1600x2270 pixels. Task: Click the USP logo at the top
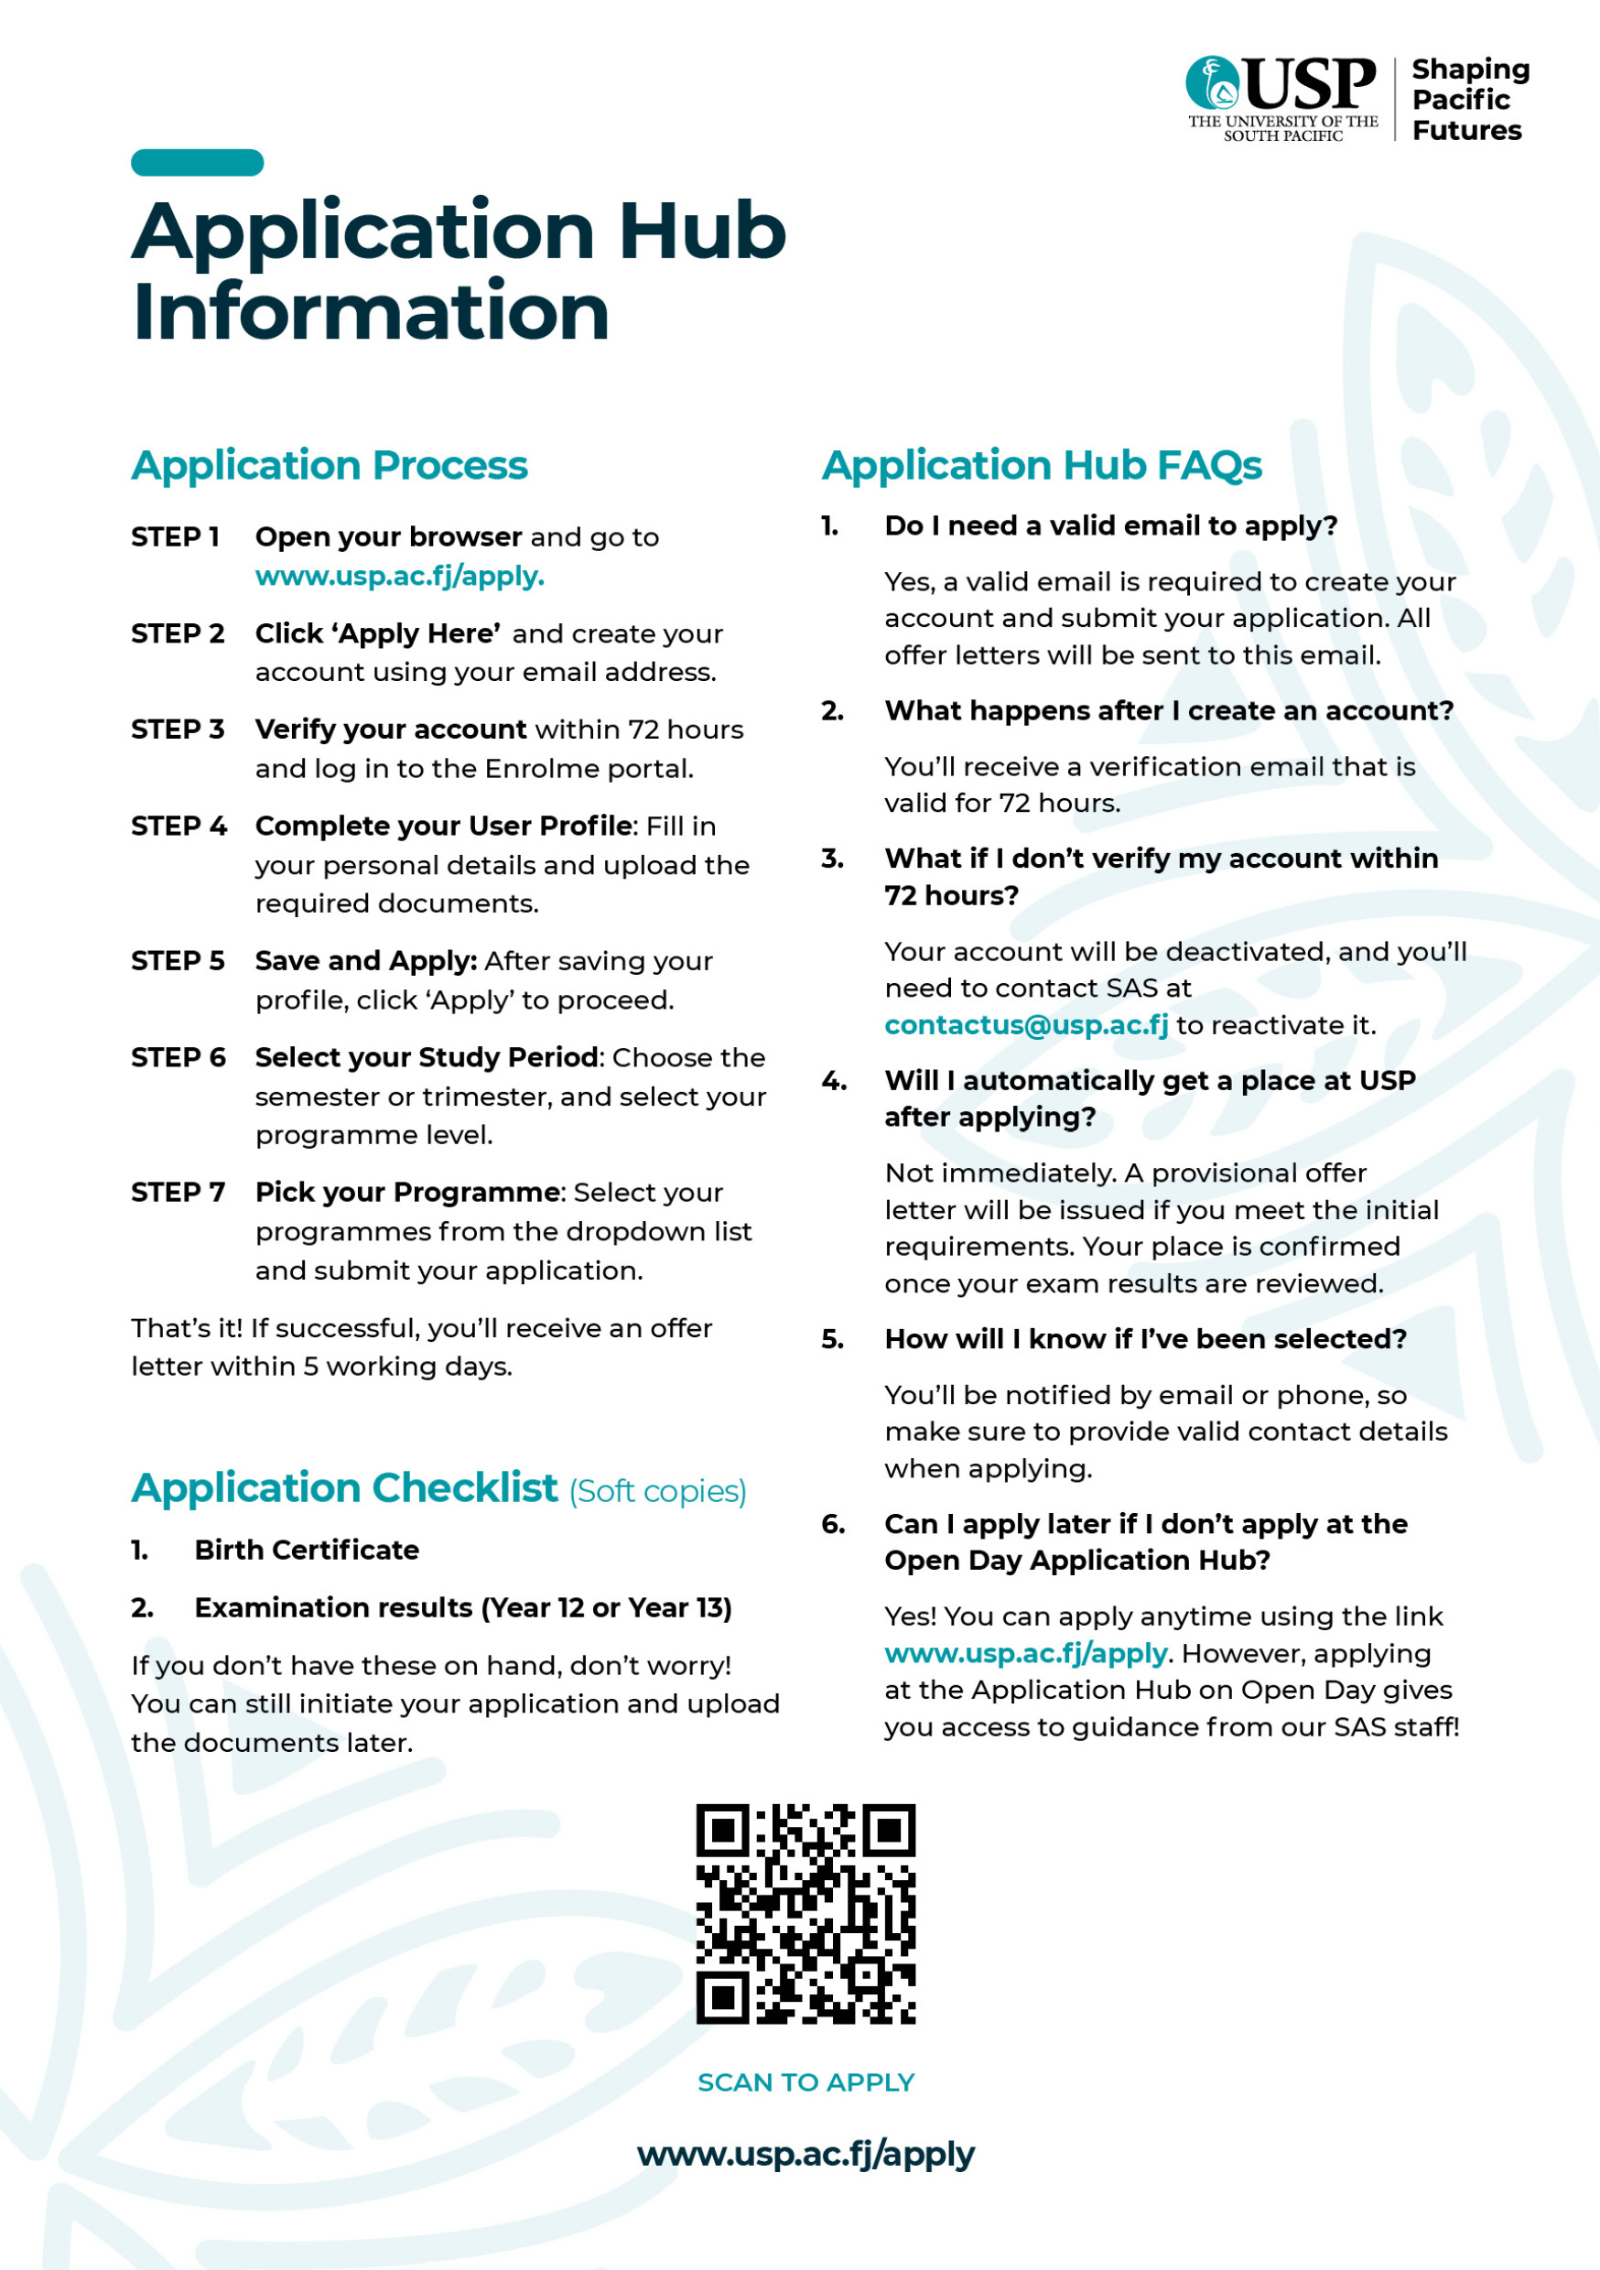[x=1281, y=97]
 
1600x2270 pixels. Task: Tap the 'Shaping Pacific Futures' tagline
[x=1469, y=99]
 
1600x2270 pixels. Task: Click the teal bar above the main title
[x=197, y=162]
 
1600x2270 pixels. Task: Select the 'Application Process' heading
[x=330, y=465]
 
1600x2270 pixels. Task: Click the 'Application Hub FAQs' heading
[x=1042, y=465]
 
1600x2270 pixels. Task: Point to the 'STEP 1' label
[x=175, y=537]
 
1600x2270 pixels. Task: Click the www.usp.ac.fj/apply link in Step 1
[x=399, y=576]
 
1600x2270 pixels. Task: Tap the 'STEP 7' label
[x=178, y=1193]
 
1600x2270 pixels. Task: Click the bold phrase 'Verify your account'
[x=391, y=729]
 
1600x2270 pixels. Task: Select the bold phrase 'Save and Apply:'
[x=366, y=961]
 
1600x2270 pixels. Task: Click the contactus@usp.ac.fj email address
[x=1025, y=1025]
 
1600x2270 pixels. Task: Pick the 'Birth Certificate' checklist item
[x=307, y=1550]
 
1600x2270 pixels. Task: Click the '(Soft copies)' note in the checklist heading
[x=657, y=1491]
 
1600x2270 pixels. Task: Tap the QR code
[x=805, y=1913]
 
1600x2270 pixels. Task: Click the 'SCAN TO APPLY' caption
[x=805, y=2082]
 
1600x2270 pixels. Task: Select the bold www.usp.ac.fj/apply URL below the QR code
[x=805, y=2154]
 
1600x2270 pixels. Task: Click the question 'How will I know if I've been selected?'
[x=1145, y=1339]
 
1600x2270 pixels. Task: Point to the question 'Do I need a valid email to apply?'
[x=1110, y=525]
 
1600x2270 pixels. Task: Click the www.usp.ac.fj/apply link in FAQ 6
[x=1025, y=1653]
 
